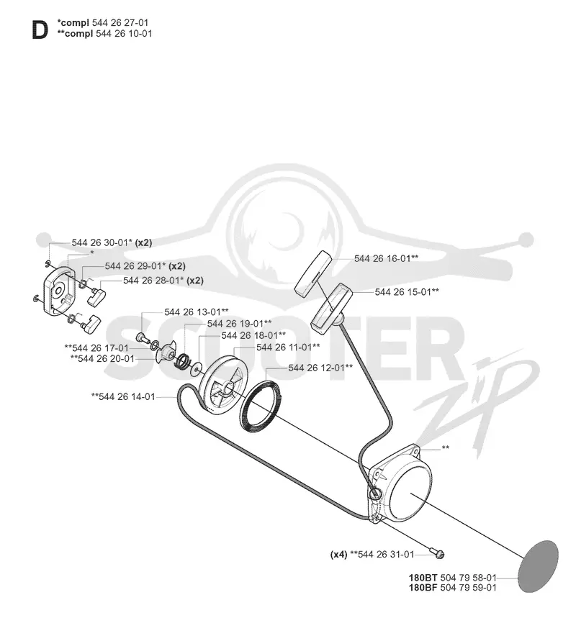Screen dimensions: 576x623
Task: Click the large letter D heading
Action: [x=40, y=31]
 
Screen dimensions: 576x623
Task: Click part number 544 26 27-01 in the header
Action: [x=120, y=22]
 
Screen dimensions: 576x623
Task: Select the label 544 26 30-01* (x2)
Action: [x=112, y=242]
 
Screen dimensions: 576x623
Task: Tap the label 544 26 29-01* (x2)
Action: [x=145, y=266]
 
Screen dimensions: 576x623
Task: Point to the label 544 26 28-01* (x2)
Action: [x=163, y=281]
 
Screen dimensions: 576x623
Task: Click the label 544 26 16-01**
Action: [x=386, y=259]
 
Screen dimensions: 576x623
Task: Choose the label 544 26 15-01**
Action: [x=407, y=292]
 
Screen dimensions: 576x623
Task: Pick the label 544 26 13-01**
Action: [x=197, y=312]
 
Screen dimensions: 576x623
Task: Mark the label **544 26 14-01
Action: [x=123, y=396]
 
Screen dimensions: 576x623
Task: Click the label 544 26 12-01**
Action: [x=320, y=368]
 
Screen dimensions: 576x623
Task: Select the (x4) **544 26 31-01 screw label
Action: [x=372, y=554]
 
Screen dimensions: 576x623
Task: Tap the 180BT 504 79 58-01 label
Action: [x=453, y=578]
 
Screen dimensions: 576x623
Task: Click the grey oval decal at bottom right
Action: [x=539, y=567]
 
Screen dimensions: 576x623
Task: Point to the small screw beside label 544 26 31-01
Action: [x=437, y=553]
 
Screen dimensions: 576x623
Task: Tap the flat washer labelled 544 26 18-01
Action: [x=197, y=370]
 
